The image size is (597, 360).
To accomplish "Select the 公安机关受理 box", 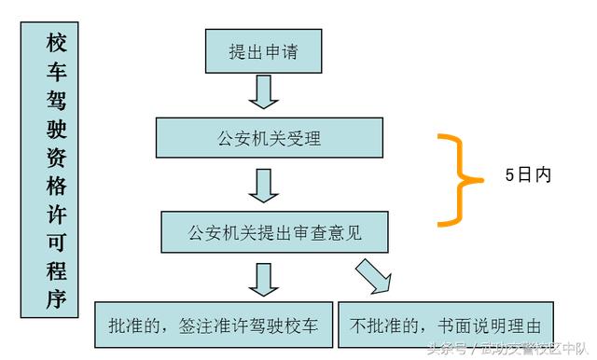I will pyautogui.click(x=269, y=139).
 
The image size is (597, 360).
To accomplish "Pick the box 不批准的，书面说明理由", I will pyautogui.click(x=446, y=326).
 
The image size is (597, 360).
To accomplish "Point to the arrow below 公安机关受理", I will pyautogui.click(x=265, y=185).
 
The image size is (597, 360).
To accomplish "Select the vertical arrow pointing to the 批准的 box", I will pyautogui.click(x=264, y=279).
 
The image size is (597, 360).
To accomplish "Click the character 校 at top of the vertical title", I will pyautogui.click(x=56, y=43).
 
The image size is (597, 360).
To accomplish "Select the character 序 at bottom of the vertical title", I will pyautogui.click(x=56, y=298).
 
